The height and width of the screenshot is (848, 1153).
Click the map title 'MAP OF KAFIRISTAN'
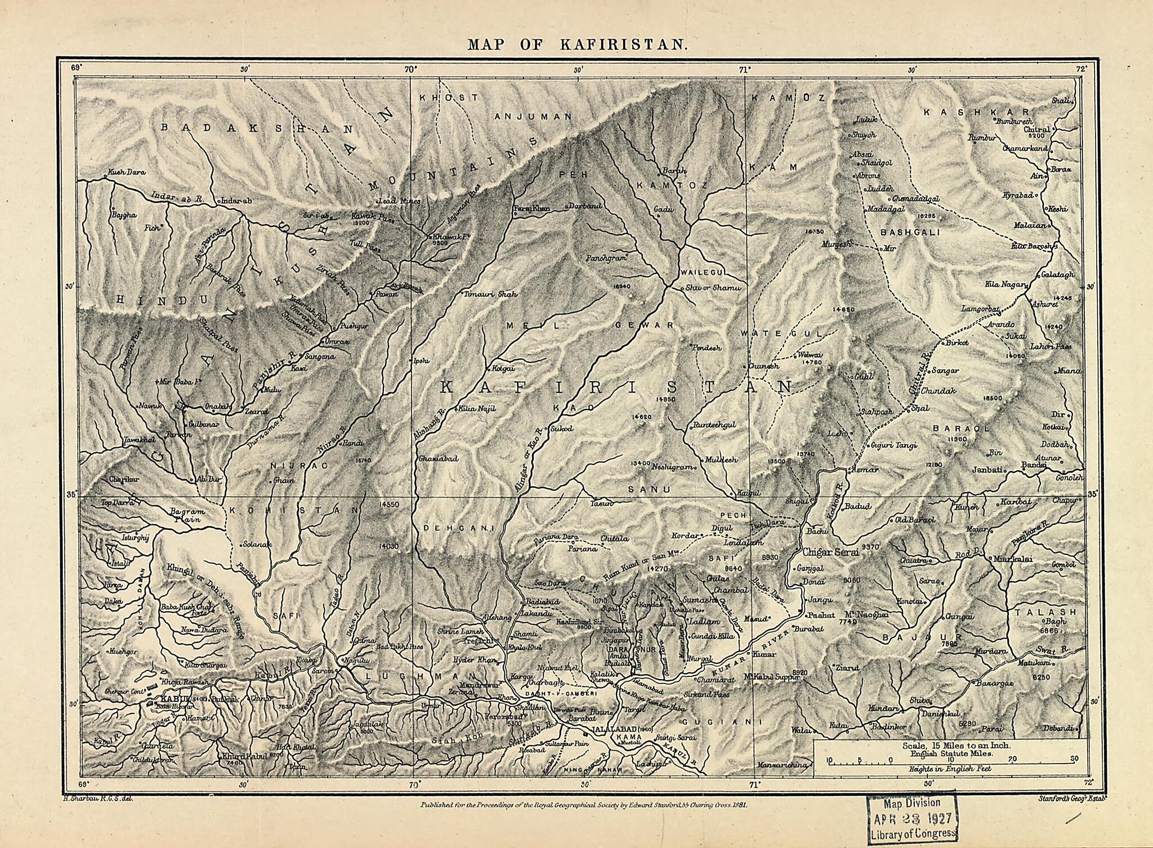click(576, 44)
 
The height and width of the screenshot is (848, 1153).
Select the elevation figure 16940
click(623, 287)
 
